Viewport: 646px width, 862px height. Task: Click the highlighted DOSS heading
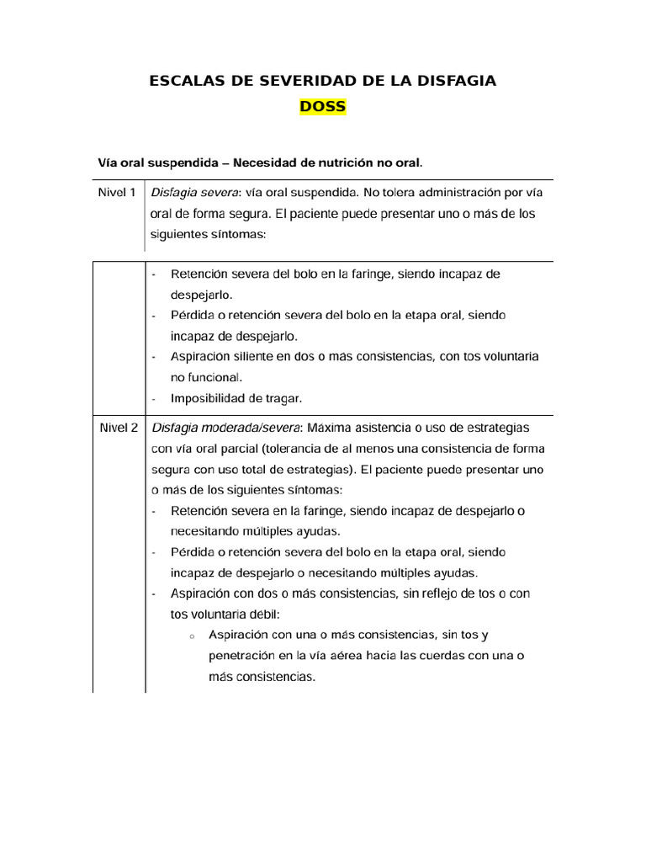[x=322, y=107]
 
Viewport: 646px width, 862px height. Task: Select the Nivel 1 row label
[x=117, y=193]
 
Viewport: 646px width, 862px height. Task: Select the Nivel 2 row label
[x=117, y=428]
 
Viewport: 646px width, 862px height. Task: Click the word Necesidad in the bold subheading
[x=262, y=161]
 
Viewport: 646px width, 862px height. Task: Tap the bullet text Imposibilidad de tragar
[x=236, y=398]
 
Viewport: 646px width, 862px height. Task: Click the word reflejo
[x=429, y=593]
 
